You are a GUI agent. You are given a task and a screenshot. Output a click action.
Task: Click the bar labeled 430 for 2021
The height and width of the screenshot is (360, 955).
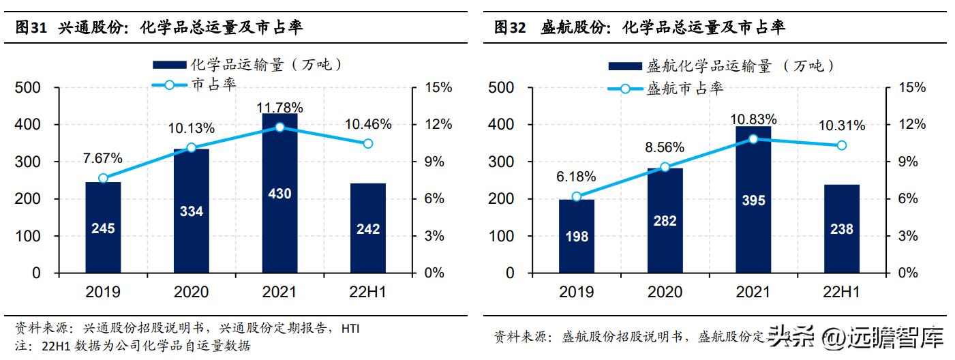[x=279, y=194]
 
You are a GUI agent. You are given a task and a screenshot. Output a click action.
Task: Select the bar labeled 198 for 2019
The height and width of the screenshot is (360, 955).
[x=576, y=236]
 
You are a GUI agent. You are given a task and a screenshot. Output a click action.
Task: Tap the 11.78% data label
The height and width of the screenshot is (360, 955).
[x=279, y=107]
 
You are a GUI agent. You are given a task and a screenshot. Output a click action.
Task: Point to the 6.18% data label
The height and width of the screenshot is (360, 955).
[x=576, y=177]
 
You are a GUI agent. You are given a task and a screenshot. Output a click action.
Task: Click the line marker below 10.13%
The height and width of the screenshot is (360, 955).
[x=191, y=148]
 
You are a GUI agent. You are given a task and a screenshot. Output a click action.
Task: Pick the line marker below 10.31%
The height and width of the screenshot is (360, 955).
[x=842, y=145]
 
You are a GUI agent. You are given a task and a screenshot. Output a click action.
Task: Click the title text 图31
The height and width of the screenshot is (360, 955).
[x=31, y=27]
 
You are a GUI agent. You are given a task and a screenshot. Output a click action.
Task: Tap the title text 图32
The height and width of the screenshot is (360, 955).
[x=510, y=27]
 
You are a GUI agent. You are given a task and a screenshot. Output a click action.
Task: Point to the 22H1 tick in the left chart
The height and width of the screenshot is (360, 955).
[x=368, y=292]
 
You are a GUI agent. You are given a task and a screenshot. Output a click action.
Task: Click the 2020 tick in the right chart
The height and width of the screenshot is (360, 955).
[x=665, y=292]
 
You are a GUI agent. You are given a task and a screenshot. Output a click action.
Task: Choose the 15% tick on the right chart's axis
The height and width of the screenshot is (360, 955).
[x=911, y=88]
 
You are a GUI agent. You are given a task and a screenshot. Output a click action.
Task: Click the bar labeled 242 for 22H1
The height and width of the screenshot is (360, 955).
[x=368, y=228]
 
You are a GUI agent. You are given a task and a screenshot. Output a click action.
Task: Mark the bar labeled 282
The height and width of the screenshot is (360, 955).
[x=665, y=220]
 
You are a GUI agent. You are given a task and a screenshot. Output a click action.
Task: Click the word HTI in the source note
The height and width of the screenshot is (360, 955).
[x=350, y=328]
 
